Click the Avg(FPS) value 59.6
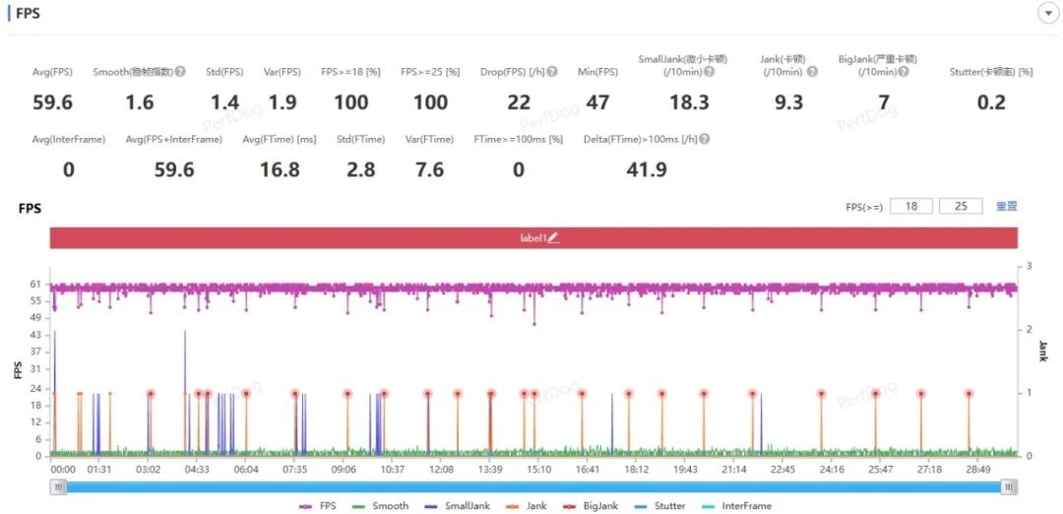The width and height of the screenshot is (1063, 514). coord(53,102)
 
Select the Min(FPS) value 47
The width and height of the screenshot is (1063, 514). coord(597,102)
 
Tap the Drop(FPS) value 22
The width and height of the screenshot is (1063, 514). coord(519,102)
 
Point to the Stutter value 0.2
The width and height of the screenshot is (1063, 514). coord(991,102)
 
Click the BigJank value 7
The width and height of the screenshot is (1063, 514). coord(884,102)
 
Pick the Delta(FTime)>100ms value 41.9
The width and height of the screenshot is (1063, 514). coord(647,170)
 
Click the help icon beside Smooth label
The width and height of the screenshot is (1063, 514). coord(180,72)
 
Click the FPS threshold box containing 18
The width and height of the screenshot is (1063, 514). coord(910,207)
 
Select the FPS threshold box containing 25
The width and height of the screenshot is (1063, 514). coord(962,207)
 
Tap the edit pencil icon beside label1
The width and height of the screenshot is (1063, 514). coord(553,238)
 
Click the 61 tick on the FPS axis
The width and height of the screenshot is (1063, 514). coord(35,283)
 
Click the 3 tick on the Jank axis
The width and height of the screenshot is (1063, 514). coord(1029,267)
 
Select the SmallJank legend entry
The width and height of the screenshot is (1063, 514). coord(462,506)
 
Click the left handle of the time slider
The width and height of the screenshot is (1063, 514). coord(59,486)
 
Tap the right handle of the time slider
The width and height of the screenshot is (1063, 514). coord(1009,486)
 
